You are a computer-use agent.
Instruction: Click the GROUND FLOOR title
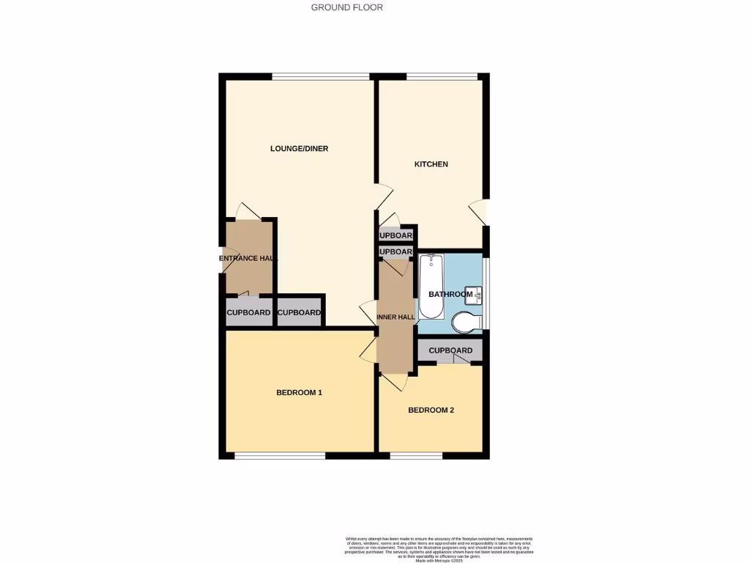coord(346,7)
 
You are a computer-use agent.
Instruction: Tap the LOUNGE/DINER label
coord(299,149)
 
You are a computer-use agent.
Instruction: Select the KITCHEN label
coord(431,164)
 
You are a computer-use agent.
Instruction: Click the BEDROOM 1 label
coord(299,393)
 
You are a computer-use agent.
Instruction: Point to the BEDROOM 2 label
coord(431,411)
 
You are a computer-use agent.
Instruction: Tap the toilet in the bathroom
coord(466,321)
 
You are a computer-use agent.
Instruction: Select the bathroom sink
coord(477,295)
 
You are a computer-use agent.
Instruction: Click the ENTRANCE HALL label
coord(248,259)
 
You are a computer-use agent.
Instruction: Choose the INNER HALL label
coord(396,317)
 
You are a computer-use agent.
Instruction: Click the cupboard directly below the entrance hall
coord(248,313)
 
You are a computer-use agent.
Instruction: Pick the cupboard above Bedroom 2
coord(450,350)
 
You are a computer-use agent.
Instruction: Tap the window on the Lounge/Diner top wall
coord(320,76)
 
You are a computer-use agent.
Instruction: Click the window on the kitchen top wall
coord(442,76)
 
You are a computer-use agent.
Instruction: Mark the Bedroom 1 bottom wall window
coord(280,456)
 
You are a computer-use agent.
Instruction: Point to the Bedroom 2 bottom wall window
coord(415,456)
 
